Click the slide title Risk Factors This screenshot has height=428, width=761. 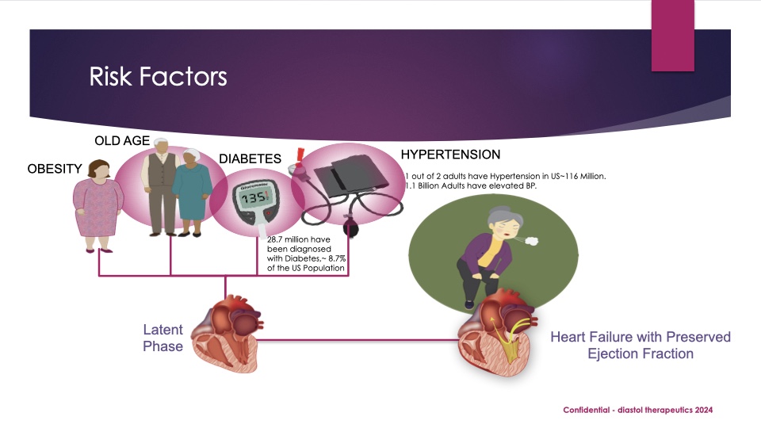point(158,77)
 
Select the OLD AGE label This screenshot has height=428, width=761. point(122,141)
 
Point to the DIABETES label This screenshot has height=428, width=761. point(250,159)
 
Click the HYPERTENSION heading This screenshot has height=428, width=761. point(450,154)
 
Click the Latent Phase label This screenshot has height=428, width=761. point(163,338)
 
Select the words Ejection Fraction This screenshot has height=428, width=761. point(641,353)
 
